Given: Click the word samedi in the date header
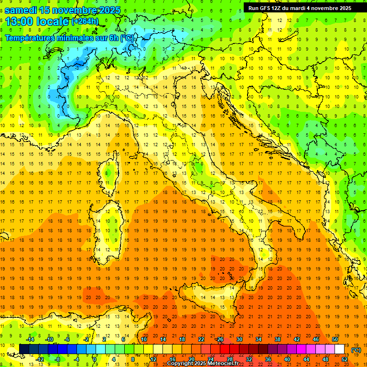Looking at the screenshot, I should pos(21,10).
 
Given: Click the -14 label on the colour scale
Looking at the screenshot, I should pos(30,339).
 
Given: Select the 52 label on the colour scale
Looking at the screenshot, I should pos(344,359).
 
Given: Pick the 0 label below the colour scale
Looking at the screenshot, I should pos(95,359).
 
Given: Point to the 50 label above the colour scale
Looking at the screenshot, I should pos(335,339).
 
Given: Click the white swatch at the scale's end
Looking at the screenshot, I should pos(339,349).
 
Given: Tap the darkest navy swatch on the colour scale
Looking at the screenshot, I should pos(24,349).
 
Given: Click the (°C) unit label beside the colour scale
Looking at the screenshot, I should pos(356,350).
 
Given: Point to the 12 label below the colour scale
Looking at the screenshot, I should pos(153,359).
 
